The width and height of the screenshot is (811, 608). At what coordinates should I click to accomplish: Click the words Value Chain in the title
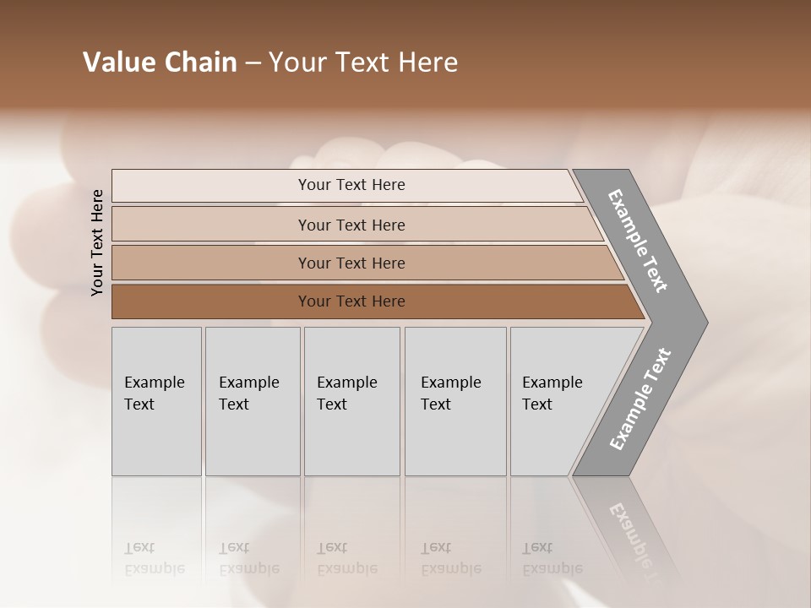point(160,62)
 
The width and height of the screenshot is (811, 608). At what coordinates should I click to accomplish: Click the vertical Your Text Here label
point(97,242)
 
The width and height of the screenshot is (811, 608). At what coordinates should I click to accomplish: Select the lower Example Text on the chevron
point(640,399)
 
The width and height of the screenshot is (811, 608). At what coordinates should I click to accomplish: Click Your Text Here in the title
point(363,62)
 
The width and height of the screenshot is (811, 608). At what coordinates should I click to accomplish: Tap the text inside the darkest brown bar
point(351,301)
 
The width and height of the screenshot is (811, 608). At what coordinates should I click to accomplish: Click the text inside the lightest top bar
point(351,185)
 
